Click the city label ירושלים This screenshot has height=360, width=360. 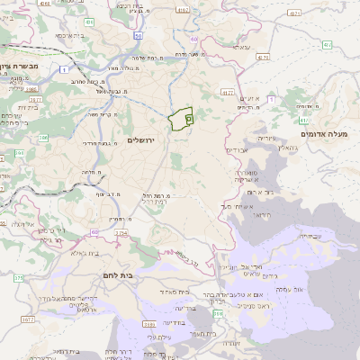coord(142,139)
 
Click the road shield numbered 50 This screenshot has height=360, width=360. coord(139,35)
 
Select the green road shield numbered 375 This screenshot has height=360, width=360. coord(19,277)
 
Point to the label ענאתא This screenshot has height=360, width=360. coord(241,46)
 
